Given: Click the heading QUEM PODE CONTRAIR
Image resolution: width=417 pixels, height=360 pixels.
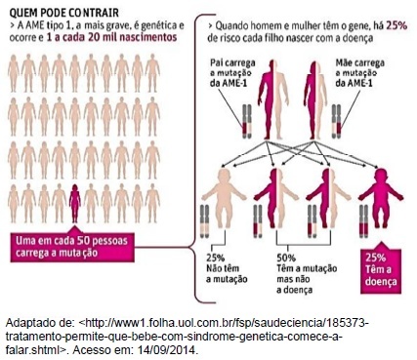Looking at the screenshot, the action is click(64, 13).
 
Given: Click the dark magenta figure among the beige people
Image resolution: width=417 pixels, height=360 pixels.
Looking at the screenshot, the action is click(75, 203).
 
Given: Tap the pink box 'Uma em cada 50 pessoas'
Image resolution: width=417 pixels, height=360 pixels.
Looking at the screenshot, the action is click(72, 247).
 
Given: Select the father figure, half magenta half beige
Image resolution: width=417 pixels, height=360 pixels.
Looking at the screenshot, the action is click(273, 100).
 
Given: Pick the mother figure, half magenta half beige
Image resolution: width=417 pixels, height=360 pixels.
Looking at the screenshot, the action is click(315, 100).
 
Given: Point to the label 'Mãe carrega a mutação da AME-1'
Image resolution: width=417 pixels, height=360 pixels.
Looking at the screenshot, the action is click(359, 72).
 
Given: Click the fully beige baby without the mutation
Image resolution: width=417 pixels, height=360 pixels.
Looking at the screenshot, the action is click(224, 198).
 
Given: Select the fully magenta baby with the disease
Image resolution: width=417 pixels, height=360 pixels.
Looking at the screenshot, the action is click(381, 198).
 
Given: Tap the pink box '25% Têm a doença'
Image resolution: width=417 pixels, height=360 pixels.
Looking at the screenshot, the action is click(381, 271).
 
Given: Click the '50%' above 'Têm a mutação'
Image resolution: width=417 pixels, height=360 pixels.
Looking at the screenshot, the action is click(286, 258).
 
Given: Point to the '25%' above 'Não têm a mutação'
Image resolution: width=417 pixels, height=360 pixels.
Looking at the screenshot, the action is click(216, 258).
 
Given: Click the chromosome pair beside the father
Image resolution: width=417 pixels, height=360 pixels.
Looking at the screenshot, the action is click(247, 122).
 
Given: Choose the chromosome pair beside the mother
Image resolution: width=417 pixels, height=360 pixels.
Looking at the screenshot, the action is click(336, 122).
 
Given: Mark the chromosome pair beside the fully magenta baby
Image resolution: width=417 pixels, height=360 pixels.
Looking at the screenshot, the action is click(363, 221).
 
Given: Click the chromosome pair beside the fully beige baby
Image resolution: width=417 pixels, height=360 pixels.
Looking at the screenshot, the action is click(205, 221).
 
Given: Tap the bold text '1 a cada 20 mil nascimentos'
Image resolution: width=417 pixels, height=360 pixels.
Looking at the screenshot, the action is click(111, 37).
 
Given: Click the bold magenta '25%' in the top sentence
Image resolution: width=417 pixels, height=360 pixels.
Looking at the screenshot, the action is click(396, 25).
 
